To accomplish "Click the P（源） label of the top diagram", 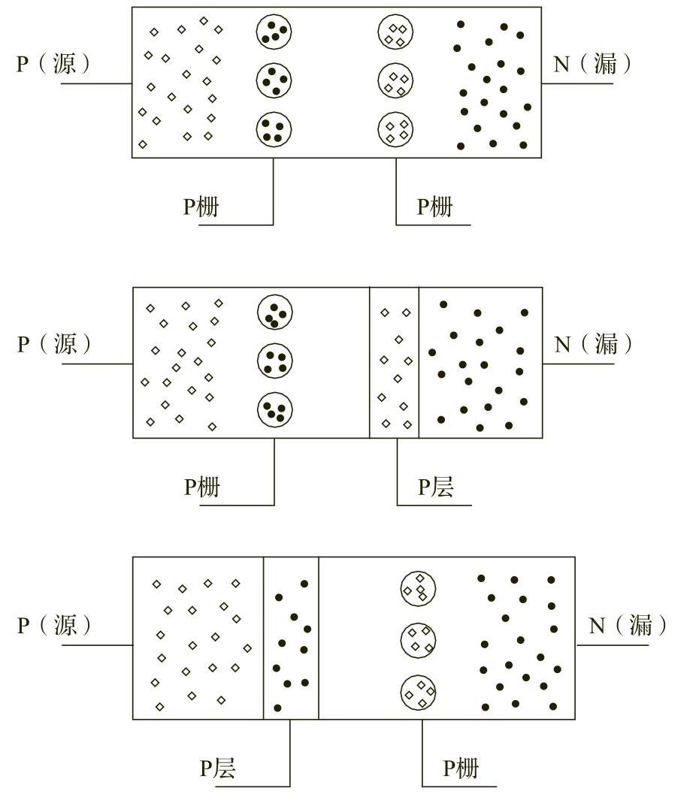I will pyautogui.click(x=54, y=64).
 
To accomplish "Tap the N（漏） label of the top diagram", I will pyautogui.click(x=593, y=64).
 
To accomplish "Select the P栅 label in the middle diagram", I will pyautogui.click(x=202, y=487).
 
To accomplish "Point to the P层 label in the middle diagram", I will pyautogui.click(x=436, y=487).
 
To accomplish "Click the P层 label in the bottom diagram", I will pyautogui.click(x=218, y=768).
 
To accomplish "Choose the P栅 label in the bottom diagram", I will pyautogui.click(x=460, y=768).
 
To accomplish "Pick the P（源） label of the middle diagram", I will pyautogui.click(x=54, y=344).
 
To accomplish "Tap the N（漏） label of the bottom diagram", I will pyautogui.click(x=628, y=625).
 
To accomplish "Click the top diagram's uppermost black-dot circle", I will pyautogui.click(x=274, y=32).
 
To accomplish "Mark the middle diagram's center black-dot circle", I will pyautogui.click(x=275, y=361).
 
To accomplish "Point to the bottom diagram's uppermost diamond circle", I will pyautogui.click(x=419, y=587).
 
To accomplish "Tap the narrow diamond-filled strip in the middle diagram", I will pyautogui.click(x=395, y=362).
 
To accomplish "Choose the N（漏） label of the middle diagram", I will pyautogui.click(x=593, y=344).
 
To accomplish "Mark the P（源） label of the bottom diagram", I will pyautogui.click(x=54, y=625).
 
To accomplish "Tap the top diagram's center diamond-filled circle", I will pyautogui.click(x=396, y=80).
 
